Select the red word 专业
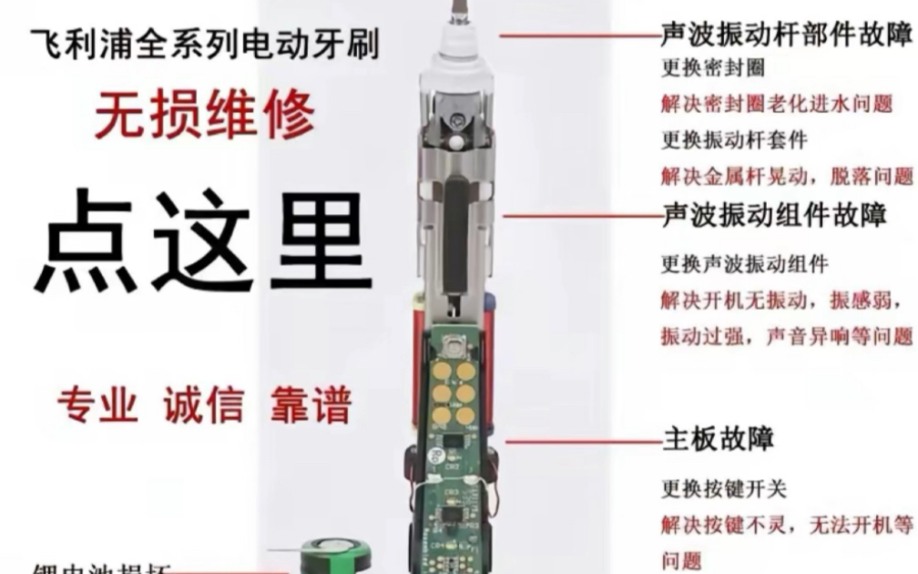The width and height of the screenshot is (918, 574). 97,405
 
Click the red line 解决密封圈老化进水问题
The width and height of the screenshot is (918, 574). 776,103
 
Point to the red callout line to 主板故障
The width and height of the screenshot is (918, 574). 583,442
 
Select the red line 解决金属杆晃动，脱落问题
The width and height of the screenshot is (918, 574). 785,176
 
